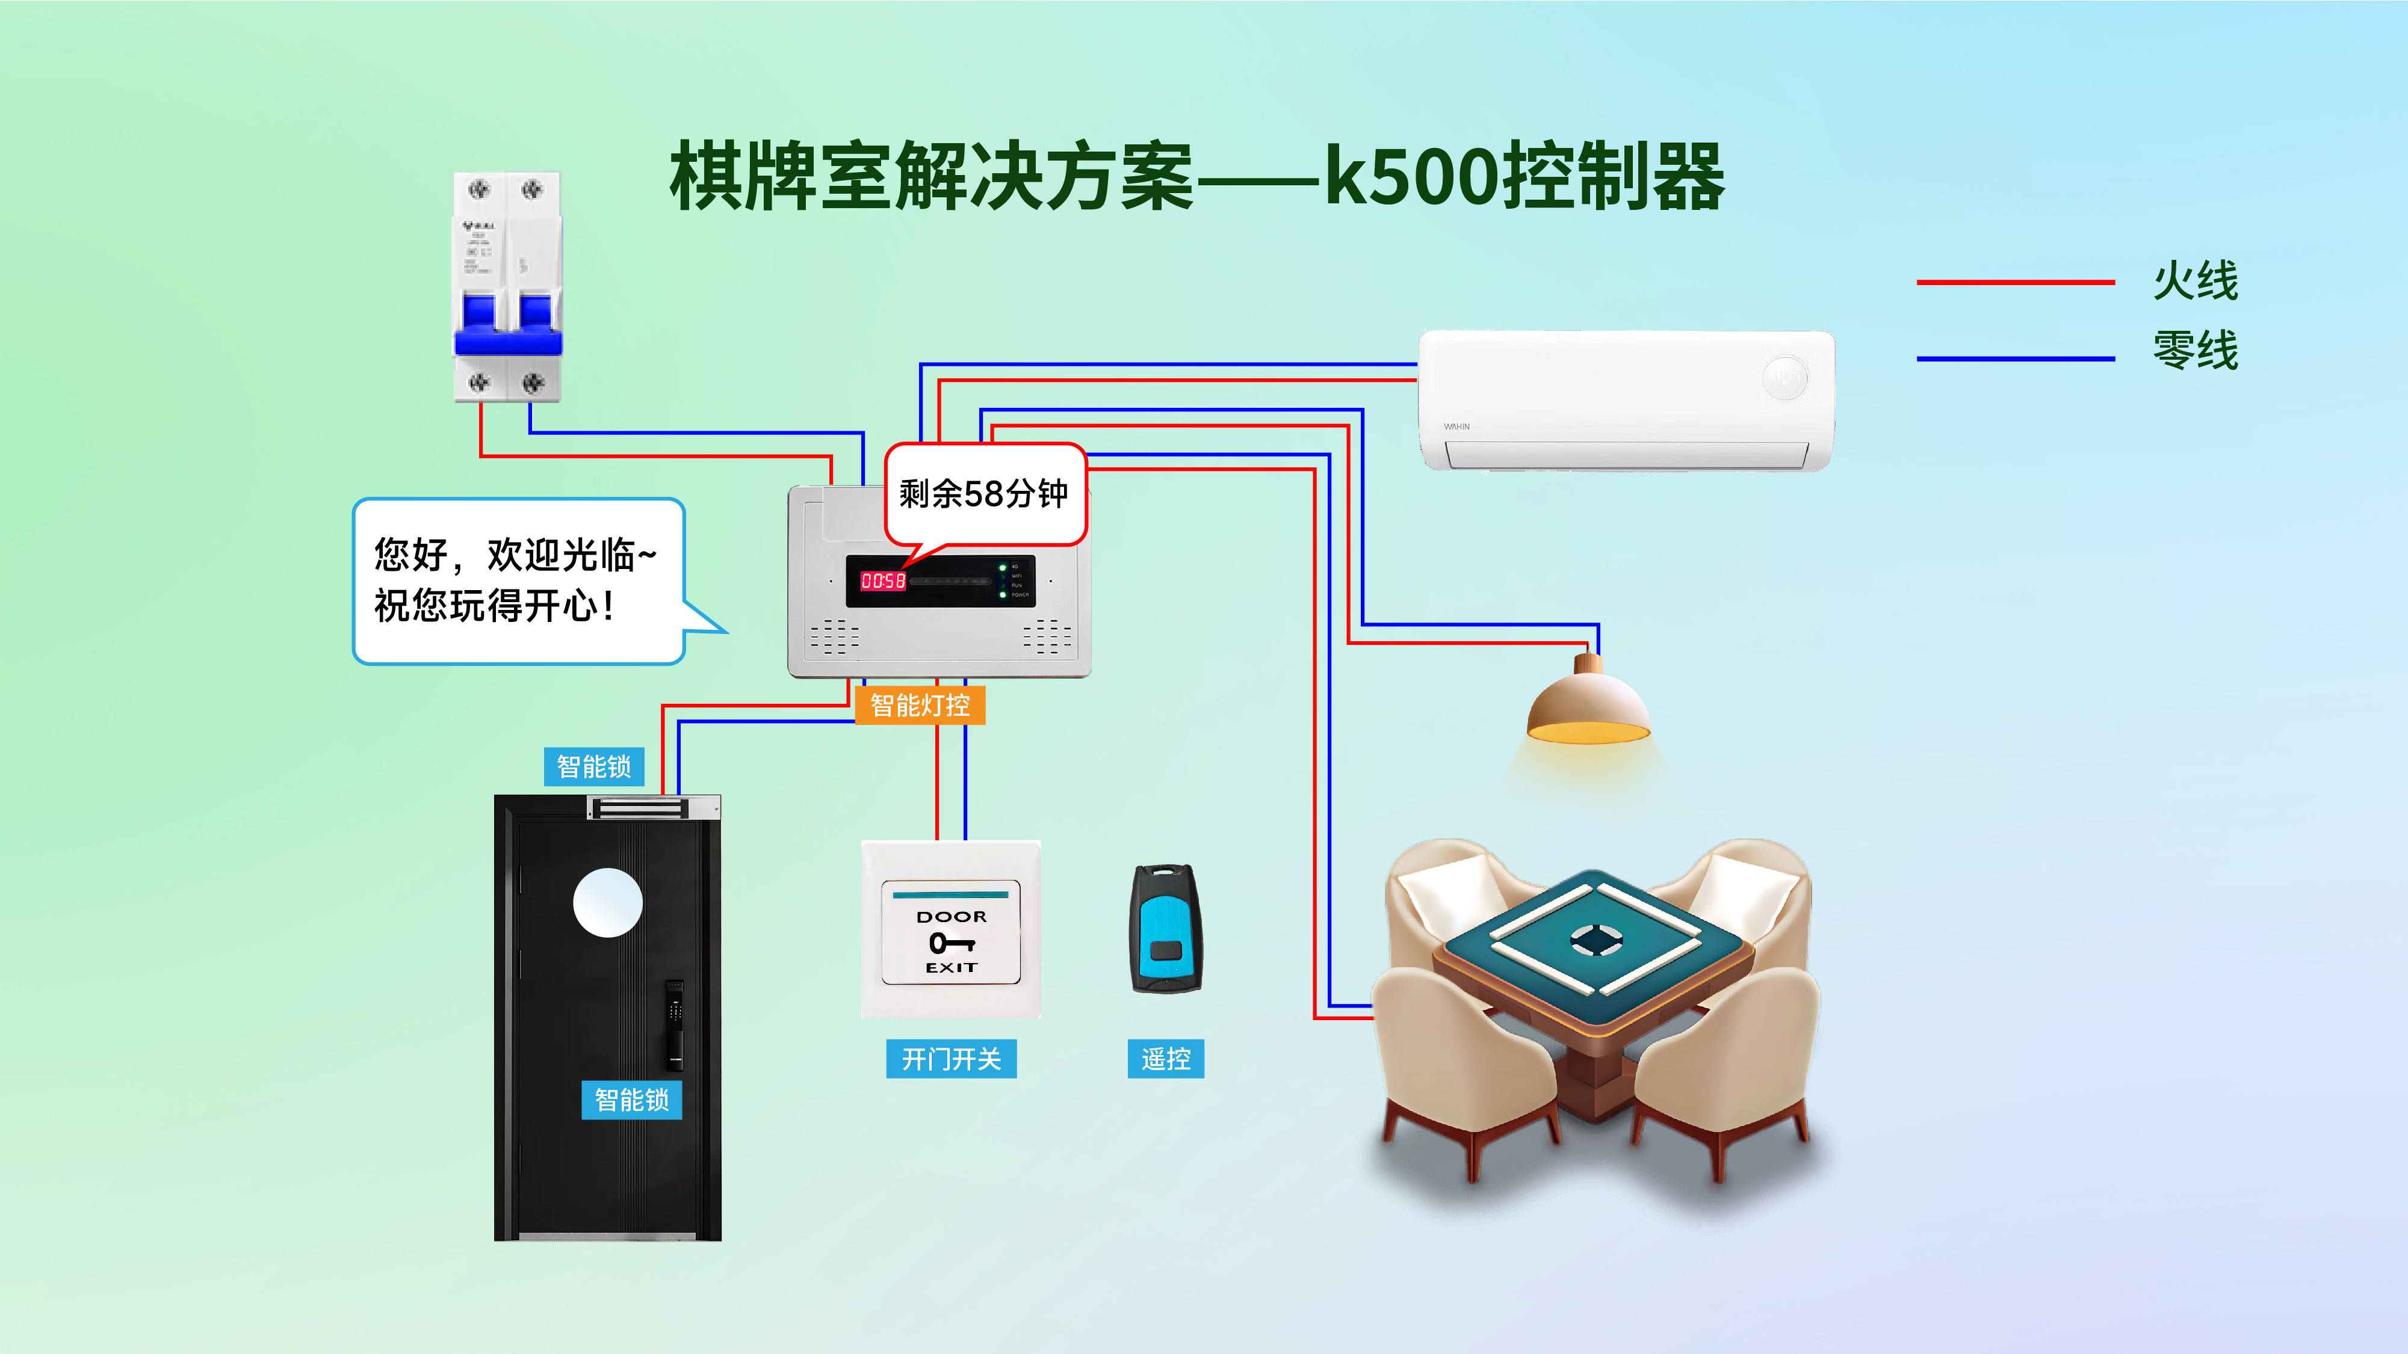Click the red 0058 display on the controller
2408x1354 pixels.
click(882, 581)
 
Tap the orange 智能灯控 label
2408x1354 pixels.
click(920, 706)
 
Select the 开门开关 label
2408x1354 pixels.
click(951, 1059)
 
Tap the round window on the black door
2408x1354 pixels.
click(608, 903)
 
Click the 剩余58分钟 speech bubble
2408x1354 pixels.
click(985, 493)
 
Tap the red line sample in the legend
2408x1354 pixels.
click(2014, 282)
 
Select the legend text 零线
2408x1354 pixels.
click(2195, 351)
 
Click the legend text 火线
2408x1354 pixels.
click(2195, 280)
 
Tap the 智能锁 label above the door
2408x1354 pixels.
click(593, 766)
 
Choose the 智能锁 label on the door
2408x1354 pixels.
click(632, 1100)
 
